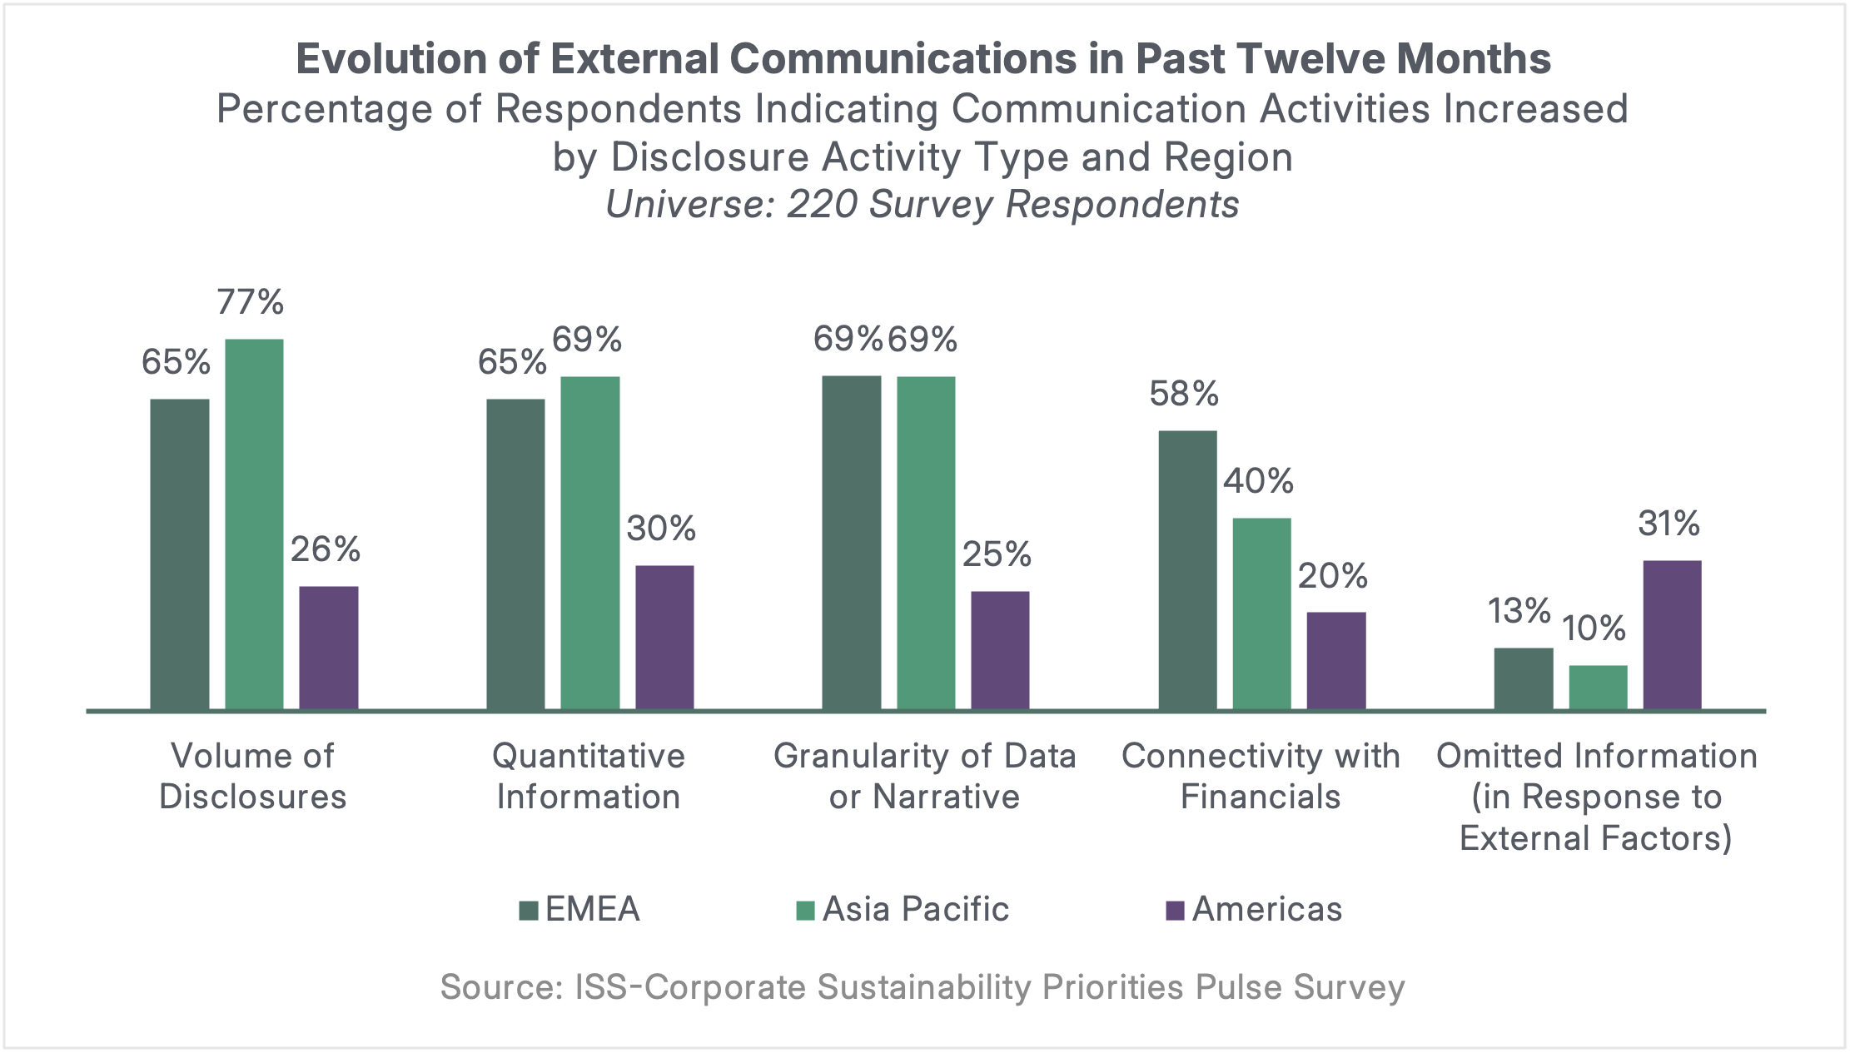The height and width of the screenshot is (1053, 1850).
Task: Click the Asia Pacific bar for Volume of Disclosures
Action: [x=254, y=524]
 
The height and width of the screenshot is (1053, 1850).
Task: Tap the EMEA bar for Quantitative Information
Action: [x=515, y=554]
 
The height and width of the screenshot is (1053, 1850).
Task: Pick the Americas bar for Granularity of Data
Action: [x=1000, y=650]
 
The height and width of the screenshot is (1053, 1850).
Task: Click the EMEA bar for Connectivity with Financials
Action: [x=1187, y=570]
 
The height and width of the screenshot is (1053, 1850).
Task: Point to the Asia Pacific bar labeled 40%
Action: [x=1261, y=613]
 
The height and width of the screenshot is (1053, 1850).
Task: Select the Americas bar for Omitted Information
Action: [x=1672, y=635]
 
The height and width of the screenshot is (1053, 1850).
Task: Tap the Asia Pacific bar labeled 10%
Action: [x=1598, y=687]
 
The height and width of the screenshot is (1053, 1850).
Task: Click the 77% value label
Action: [x=251, y=302]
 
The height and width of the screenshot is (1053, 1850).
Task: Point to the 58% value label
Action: [x=1184, y=394]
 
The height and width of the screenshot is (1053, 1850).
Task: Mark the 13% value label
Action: [x=1519, y=612]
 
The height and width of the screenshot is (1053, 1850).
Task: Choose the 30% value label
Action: [x=661, y=529]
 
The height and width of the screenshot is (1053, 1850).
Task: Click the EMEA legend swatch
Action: [x=528, y=910]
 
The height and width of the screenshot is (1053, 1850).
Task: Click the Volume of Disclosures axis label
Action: [x=252, y=776]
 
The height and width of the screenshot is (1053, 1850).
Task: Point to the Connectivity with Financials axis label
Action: [x=1261, y=776]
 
